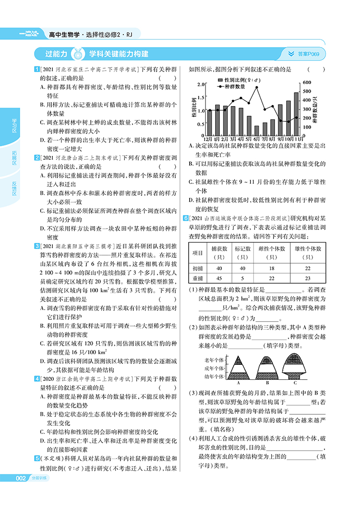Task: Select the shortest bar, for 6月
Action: [257, 131]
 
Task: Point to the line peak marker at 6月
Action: [257, 87]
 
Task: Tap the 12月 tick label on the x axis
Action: [210, 140]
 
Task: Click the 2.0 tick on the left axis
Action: [201, 84]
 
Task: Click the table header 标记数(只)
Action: [242, 252]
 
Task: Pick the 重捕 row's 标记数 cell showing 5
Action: [242, 278]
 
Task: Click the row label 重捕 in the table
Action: [198, 278]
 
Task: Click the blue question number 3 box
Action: [37, 246]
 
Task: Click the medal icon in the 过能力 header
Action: [78, 53]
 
